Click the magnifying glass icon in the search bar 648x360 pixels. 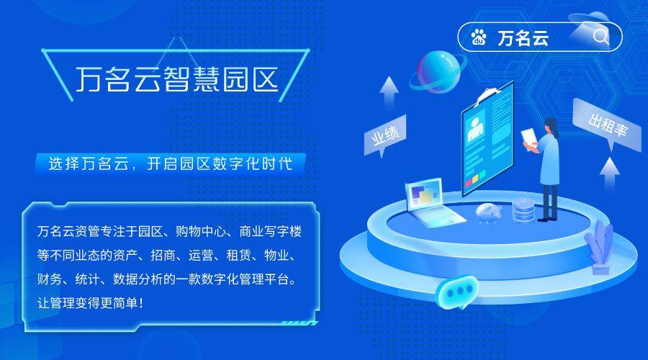(600, 37)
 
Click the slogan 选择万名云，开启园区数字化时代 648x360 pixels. (170, 163)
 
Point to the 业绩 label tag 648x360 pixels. (384, 136)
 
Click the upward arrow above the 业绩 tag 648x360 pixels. (390, 91)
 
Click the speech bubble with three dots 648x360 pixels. (456, 292)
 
